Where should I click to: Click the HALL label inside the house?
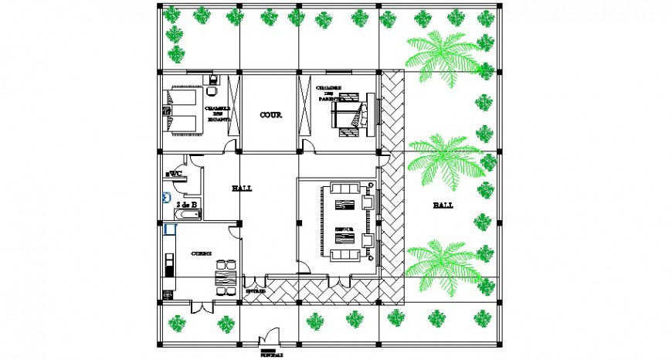(242, 188)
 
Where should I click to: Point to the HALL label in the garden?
(443, 205)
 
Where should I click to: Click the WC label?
(175, 174)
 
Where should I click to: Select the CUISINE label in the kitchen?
(202, 253)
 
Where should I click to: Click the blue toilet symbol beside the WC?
(165, 197)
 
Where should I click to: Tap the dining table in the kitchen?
(225, 277)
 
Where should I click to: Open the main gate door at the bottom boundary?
(270, 337)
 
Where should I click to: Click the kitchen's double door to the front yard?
(202, 307)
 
